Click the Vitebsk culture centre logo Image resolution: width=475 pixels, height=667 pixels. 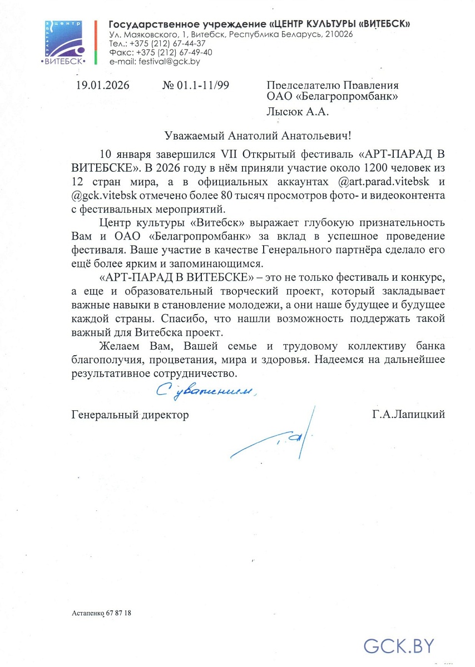click(63, 42)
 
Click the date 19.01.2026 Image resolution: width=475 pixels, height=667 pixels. click(102, 85)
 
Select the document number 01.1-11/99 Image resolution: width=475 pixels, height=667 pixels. click(202, 85)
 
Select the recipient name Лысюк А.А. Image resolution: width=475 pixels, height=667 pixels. click(298, 112)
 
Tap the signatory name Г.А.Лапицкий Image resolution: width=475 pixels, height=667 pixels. click(409, 414)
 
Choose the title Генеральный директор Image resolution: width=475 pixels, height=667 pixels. click(130, 414)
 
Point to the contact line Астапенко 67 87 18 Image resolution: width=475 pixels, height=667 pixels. click(102, 613)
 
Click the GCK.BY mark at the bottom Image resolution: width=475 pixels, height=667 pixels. click(398, 645)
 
